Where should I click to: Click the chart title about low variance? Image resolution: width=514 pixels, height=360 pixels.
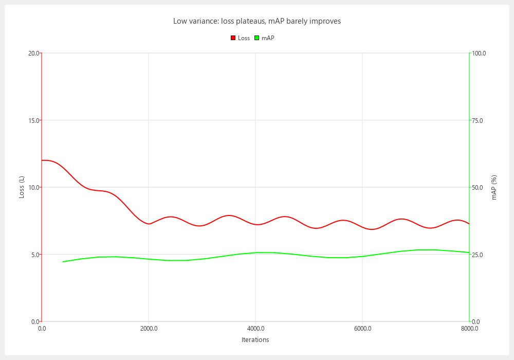257,21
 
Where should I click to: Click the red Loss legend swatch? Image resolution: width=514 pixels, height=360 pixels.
233,38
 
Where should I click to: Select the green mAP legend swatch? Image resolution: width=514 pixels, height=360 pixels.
256,38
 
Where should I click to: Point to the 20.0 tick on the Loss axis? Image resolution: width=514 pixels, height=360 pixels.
33,53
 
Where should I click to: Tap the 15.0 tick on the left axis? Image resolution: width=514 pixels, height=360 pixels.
33,120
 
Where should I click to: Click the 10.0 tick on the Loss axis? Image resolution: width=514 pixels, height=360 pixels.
33,187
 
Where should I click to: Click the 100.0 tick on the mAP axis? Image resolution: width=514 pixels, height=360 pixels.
479,53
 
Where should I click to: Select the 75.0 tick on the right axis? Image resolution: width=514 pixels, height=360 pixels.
478,120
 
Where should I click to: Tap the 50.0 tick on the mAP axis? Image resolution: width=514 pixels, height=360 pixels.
478,187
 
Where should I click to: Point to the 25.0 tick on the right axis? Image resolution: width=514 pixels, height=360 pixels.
478,255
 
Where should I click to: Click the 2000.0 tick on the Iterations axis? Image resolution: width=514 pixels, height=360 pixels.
149,328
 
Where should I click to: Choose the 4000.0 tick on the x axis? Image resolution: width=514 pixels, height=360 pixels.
255,328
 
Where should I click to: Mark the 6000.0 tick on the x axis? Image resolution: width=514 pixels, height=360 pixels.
362,328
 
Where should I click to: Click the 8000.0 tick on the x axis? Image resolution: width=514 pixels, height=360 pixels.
469,328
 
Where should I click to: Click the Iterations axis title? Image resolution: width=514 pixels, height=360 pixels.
255,340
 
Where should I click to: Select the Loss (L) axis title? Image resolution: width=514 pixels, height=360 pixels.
22,187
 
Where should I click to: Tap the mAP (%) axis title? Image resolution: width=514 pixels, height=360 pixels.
494,187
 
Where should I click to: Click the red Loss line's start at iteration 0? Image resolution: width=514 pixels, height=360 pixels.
42,160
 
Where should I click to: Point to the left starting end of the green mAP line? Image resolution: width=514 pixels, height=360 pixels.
63,262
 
